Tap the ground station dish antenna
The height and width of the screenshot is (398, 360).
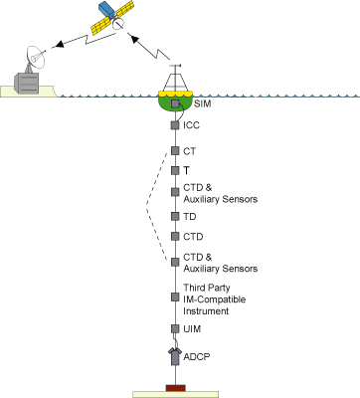tap(36, 57)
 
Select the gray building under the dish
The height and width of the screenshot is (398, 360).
tap(26, 84)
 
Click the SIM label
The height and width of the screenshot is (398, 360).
tap(202, 103)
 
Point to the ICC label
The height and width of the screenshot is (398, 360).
tap(191, 125)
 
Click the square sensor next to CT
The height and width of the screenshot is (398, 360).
tap(175, 151)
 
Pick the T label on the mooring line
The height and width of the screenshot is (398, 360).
tap(186, 170)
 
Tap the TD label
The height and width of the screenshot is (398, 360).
tap(190, 217)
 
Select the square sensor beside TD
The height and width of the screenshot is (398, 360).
tap(175, 216)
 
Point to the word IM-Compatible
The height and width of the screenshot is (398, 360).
tap(215, 299)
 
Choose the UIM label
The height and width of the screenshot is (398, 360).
tap(192, 329)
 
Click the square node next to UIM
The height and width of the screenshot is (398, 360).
tap(175, 328)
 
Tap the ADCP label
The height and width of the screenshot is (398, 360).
tap(197, 357)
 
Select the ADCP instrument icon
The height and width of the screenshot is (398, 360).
tap(175, 356)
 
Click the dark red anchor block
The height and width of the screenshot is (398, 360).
tap(175, 388)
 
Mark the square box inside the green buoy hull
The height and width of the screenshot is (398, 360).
tap(175, 103)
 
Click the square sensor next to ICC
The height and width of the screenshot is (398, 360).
tap(175, 125)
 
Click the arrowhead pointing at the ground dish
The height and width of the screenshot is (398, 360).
tap(59, 45)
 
